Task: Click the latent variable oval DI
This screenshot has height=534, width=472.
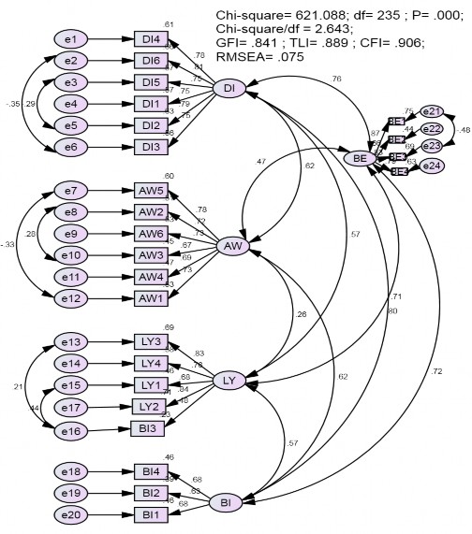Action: tap(229, 88)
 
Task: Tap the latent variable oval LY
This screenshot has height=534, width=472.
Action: tap(229, 380)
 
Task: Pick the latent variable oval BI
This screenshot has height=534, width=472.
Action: tap(225, 503)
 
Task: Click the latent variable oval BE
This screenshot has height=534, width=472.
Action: tap(359, 159)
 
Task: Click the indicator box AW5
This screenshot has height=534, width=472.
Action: tap(150, 192)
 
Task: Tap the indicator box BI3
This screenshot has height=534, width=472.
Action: tap(150, 428)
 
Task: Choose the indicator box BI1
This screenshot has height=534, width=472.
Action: tap(150, 514)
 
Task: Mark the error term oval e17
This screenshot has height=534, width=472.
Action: tap(72, 407)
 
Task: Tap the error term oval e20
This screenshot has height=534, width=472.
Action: tap(72, 514)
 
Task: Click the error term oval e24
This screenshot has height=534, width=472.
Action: tap(432, 166)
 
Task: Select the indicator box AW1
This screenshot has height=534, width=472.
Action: tap(150, 297)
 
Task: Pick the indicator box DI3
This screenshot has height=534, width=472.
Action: tap(150, 146)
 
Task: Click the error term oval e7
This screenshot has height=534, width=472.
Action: tap(72, 192)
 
